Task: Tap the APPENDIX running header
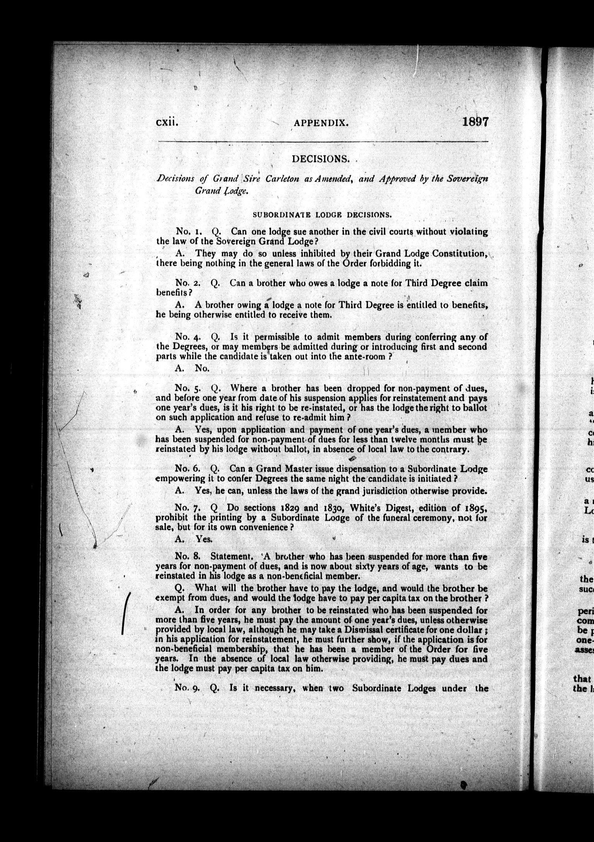[x=321, y=123]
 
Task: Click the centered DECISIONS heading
[x=321, y=159]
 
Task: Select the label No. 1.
[x=187, y=232]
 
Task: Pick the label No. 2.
[x=187, y=283]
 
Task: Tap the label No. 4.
[x=187, y=337]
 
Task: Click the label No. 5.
[x=187, y=388]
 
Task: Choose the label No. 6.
[x=187, y=469]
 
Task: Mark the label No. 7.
[x=187, y=507]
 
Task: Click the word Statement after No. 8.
[x=231, y=546]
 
